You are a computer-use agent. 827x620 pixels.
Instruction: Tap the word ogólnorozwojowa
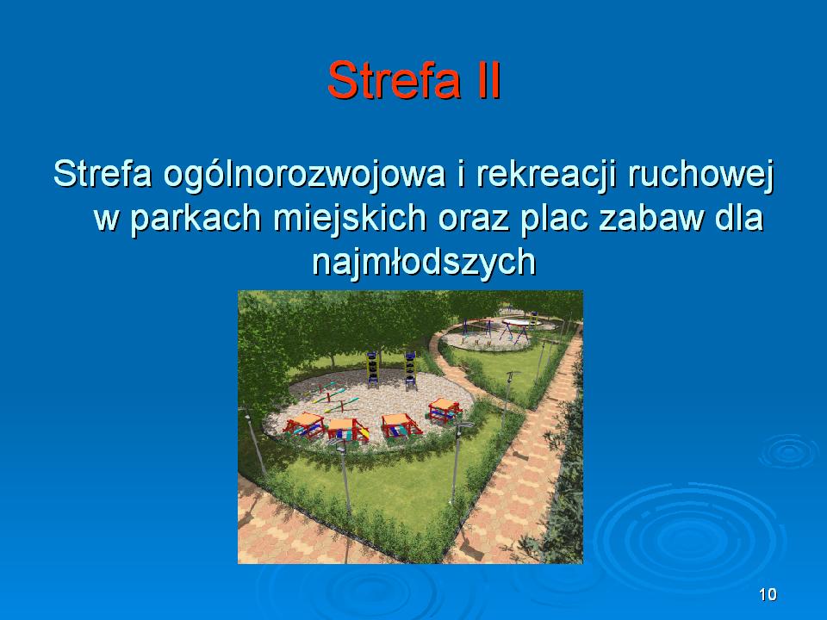point(304,175)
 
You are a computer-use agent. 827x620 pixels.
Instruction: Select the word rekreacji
point(546,175)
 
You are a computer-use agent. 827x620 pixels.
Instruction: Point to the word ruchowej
point(700,175)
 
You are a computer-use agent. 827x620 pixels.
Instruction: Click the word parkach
point(196,219)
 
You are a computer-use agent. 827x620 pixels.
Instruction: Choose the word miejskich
point(350,219)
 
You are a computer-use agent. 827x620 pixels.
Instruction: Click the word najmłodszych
point(424,262)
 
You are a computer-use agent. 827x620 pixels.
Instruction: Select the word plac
point(554,219)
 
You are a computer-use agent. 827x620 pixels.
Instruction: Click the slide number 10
point(768,594)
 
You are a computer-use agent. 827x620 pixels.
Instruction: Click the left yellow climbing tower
point(372,369)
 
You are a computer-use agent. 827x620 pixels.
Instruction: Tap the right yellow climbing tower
point(410,370)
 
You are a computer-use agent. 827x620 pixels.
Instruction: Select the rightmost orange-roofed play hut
point(445,411)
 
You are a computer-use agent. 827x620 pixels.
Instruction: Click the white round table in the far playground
point(515,322)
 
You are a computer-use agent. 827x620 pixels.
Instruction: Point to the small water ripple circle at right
point(788,451)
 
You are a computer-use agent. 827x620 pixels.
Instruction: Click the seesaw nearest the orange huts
point(341,406)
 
